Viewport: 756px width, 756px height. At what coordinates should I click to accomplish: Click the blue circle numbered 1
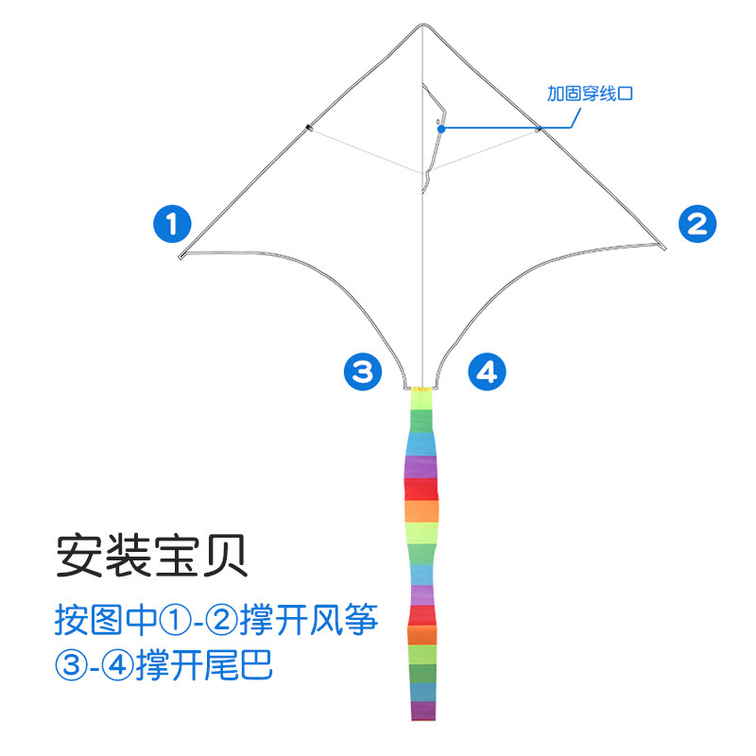172,225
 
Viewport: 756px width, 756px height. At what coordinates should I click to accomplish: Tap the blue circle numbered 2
697,224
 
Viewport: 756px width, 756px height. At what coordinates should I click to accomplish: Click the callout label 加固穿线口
589,94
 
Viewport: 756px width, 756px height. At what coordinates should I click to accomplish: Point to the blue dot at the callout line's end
441,129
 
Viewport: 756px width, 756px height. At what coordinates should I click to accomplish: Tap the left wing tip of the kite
180,256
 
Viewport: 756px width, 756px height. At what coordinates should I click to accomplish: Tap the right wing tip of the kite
664,249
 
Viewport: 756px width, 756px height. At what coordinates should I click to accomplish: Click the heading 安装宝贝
151,556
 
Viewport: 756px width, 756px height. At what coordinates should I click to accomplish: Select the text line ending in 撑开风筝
216,621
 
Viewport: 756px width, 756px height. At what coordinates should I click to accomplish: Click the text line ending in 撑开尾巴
163,663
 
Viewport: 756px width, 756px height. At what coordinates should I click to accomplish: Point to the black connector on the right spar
538,128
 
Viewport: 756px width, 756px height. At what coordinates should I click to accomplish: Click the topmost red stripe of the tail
421,490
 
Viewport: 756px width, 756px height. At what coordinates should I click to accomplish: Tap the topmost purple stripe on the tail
422,467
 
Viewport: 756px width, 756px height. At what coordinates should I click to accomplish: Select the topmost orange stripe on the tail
422,510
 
